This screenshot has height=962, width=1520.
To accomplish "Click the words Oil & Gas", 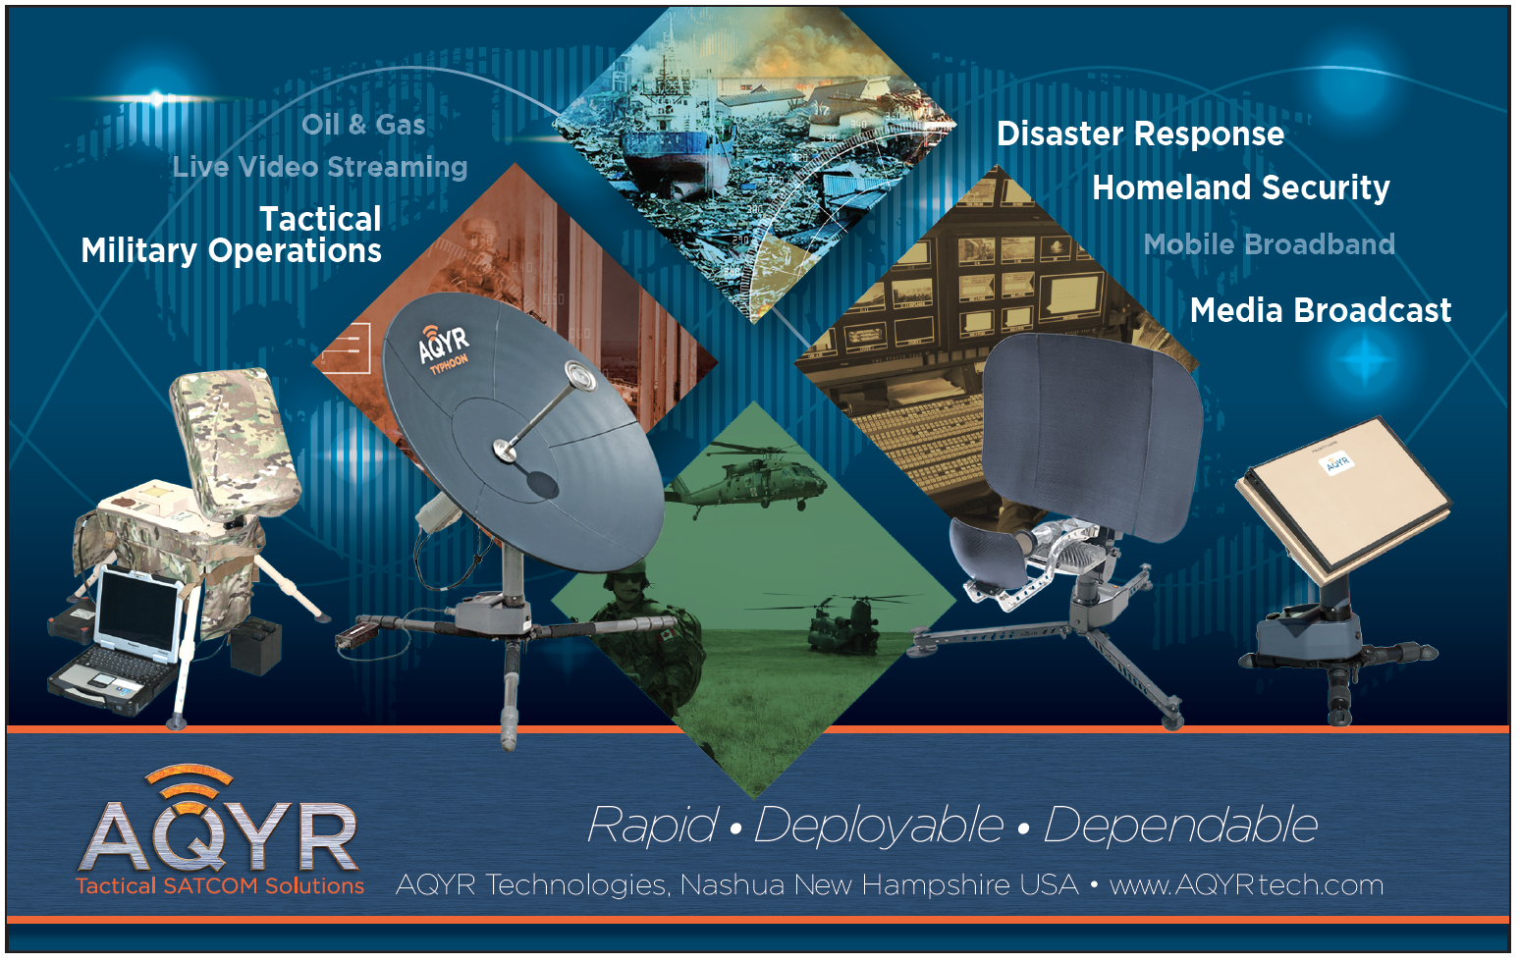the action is (x=363, y=125).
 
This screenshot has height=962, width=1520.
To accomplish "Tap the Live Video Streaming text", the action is (x=319, y=167).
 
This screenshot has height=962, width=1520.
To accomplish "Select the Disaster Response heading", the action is (x=1140, y=134).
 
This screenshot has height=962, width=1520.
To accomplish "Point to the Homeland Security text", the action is (x=1241, y=187).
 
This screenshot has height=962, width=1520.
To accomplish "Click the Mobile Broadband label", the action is (x=1269, y=244).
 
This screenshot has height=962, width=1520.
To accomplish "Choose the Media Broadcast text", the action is (x=1321, y=311).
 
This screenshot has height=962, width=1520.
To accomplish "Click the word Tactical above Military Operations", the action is (x=320, y=219).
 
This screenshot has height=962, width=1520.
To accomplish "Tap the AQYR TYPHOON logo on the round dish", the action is (x=445, y=347).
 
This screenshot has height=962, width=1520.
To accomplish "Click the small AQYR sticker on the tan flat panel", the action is (x=1336, y=464).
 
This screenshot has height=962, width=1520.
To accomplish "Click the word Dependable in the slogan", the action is (x=1180, y=826).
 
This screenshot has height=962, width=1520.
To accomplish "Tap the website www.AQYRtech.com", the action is (x=1246, y=885).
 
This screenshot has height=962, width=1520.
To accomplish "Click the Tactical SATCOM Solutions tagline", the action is (x=220, y=886).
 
